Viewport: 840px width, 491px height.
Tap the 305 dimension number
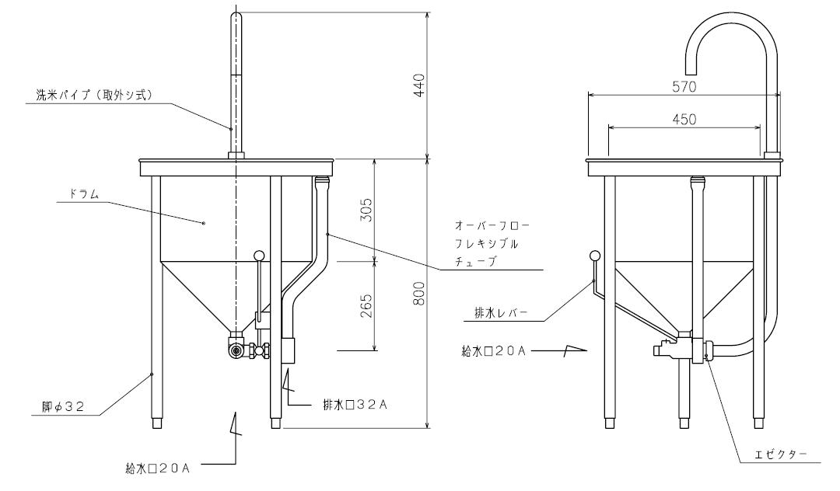point(366,210)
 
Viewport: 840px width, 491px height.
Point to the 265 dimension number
point(366,306)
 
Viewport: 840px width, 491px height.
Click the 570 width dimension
point(684,87)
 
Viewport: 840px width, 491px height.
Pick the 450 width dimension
point(684,119)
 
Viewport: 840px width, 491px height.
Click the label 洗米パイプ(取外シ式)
point(94,96)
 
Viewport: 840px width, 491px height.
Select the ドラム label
point(83,193)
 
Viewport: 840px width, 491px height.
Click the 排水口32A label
point(355,404)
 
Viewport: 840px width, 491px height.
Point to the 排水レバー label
point(501,313)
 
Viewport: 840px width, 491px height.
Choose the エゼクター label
point(781,454)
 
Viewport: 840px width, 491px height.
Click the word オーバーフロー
point(492,225)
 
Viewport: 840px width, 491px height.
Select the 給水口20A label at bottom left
point(157,468)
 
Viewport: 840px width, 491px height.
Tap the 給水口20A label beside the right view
point(494,351)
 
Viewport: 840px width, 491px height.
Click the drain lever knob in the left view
point(259,255)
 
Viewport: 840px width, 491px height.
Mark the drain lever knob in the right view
point(594,256)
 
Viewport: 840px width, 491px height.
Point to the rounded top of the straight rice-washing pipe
point(236,16)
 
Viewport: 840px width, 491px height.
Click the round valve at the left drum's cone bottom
point(236,351)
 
